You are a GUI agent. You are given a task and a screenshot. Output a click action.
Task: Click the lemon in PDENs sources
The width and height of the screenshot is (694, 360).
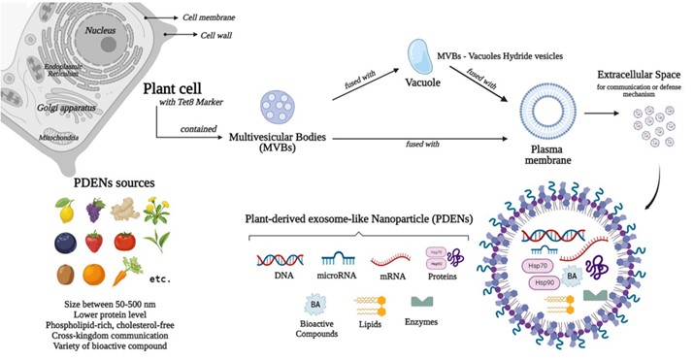point(66,210)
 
